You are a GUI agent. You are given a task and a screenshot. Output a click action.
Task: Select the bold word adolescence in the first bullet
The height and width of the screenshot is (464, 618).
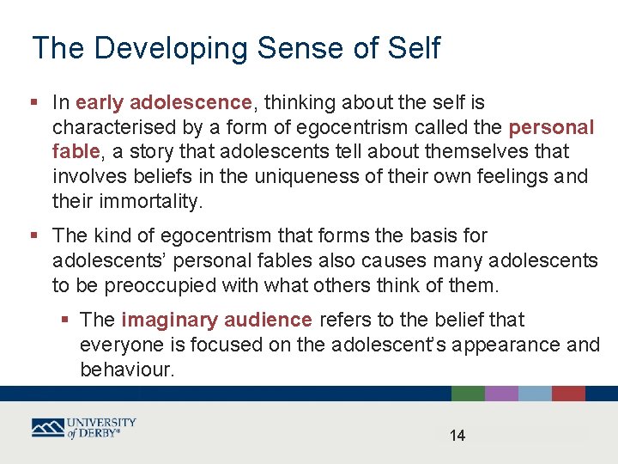[x=191, y=103]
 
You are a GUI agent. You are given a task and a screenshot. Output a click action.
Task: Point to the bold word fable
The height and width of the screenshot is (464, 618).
[x=75, y=152]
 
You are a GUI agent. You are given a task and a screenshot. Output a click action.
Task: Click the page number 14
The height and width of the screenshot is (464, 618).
[x=457, y=436]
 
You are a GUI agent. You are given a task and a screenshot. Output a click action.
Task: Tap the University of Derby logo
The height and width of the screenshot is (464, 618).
[x=84, y=428]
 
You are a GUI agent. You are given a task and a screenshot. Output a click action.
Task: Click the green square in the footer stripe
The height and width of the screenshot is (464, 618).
[x=468, y=394]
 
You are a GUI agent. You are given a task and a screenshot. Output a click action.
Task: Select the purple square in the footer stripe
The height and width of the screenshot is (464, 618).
[x=501, y=394]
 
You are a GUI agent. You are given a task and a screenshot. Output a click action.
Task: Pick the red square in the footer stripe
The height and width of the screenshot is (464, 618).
[x=568, y=394]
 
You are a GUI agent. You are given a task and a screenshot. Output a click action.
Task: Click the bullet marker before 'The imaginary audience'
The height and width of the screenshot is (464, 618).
[x=66, y=321]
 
